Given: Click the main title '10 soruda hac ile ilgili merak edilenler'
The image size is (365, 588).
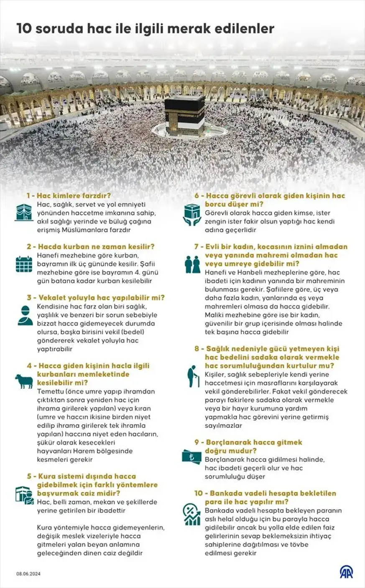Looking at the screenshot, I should coord(145,28).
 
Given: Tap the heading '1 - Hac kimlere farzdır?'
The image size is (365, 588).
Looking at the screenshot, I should coord(69,196).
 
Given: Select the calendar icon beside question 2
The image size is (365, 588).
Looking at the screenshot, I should coord(24,264).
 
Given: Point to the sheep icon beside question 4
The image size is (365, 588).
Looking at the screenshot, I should coord(24,381).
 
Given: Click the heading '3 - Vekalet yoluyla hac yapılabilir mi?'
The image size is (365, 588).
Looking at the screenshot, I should coord(96,298).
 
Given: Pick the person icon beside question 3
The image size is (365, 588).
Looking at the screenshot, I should coord(25,315).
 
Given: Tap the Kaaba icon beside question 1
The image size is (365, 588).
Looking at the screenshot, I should coord(24,212).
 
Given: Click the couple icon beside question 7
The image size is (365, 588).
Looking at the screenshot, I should coord(192,264).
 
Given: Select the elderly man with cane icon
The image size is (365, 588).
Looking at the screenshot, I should coord(192,376).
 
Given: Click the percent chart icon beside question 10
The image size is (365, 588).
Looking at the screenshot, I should coord(191,515).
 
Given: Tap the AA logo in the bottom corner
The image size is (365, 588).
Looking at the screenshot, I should coord(345,572).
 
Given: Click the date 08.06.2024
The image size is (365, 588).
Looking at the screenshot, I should coord(29,574).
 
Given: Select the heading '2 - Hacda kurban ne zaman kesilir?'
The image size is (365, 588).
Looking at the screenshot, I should coord(91,247).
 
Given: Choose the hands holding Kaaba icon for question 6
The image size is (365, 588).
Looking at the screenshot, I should coord(192,214).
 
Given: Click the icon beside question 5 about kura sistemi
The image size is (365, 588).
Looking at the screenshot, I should coord(24,495).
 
